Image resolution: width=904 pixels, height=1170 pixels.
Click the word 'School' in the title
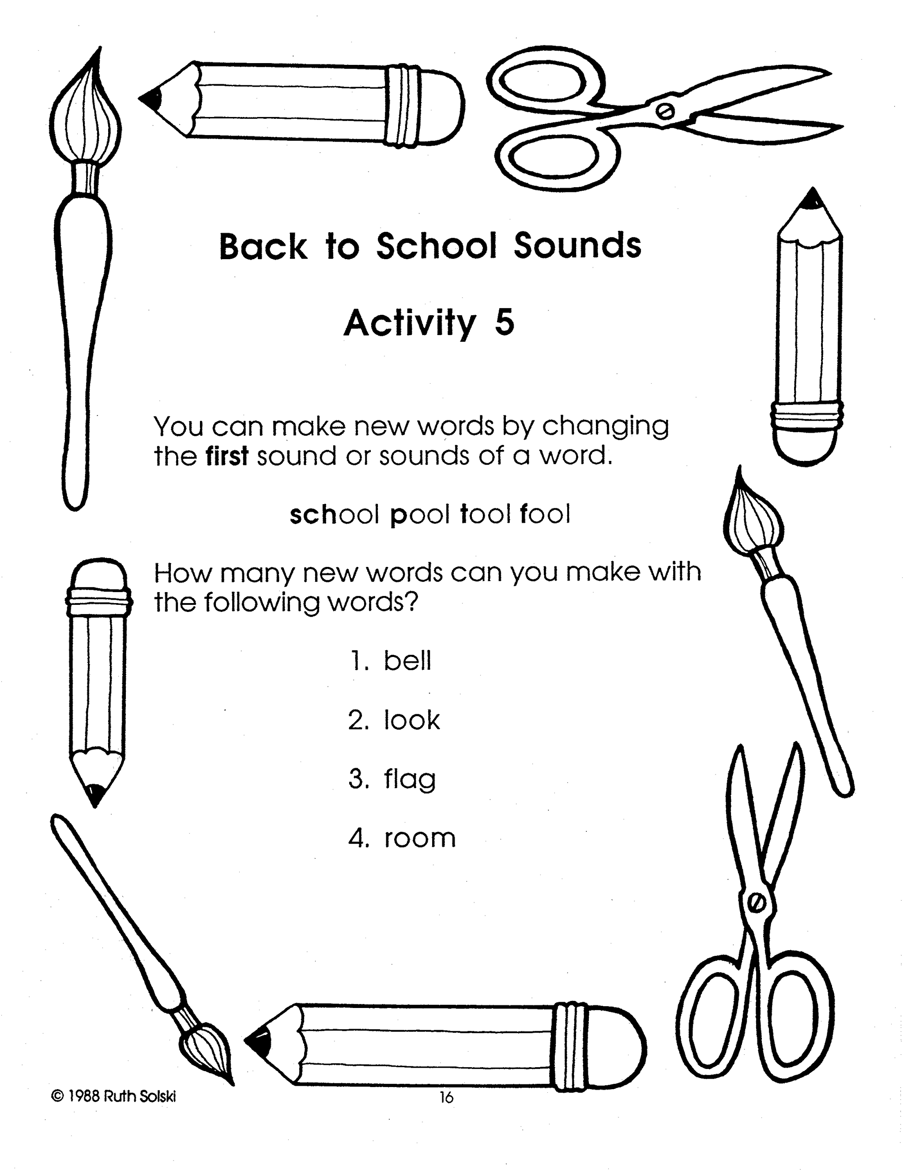click(437, 246)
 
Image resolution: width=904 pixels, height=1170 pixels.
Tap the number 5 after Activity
click(505, 323)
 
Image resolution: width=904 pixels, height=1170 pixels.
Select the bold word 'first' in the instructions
click(227, 457)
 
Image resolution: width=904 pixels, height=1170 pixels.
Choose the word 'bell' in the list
click(407, 660)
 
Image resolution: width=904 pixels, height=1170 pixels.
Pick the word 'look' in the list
click(411, 720)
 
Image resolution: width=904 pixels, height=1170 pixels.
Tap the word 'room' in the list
click(420, 838)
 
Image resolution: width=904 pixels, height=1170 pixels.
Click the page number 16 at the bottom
click(446, 1098)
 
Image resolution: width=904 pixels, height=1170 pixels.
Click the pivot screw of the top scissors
click(666, 111)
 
